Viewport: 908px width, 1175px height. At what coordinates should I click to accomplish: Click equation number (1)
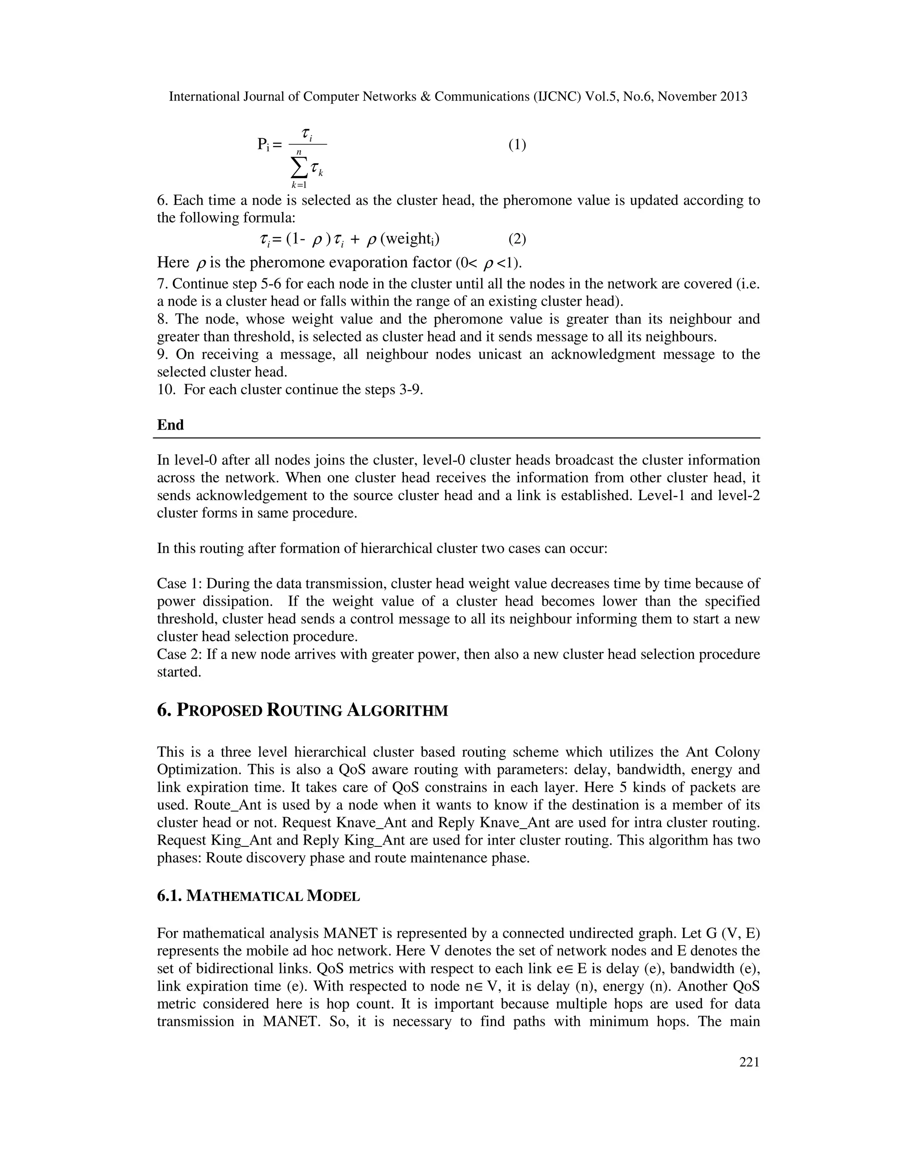coord(517,145)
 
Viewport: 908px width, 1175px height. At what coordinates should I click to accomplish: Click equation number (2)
coord(517,239)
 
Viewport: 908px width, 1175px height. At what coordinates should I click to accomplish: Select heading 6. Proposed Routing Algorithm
coord(302,710)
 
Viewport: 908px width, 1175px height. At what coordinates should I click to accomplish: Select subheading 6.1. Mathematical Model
coord(258,896)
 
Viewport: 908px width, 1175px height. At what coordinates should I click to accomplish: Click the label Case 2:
coord(179,655)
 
